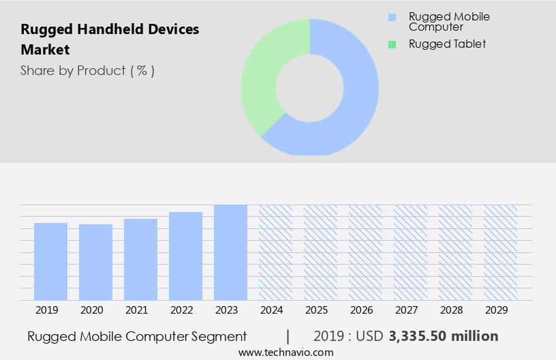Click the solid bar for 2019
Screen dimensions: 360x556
point(50,261)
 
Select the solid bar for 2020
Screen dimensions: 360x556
point(95,262)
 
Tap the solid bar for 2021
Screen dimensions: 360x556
point(140,259)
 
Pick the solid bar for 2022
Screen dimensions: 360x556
point(185,256)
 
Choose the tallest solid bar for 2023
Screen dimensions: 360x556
point(230,252)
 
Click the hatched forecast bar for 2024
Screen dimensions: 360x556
point(275,252)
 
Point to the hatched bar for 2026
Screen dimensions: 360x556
point(365,252)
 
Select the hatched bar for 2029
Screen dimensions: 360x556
point(500,252)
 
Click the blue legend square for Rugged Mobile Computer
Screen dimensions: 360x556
point(391,17)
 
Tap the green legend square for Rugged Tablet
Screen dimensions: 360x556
point(391,44)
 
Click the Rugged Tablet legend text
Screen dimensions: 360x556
point(447,44)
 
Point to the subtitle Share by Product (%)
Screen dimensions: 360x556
point(87,70)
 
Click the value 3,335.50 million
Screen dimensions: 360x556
point(443,336)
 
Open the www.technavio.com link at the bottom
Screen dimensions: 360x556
point(285,352)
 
